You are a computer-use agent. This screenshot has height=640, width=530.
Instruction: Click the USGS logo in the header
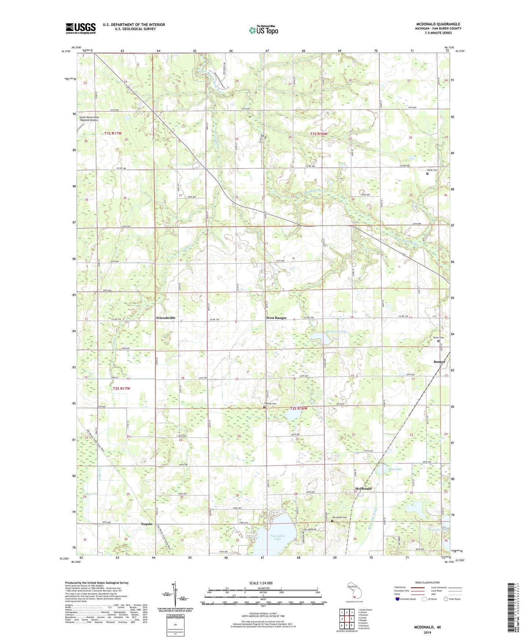tap(81, 28)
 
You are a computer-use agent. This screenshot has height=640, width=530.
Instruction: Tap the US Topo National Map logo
tap(263, 30)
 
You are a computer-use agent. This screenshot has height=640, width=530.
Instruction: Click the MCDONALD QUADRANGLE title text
tap(438, 24)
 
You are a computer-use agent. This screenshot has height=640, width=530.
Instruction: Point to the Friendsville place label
tap(166, 318)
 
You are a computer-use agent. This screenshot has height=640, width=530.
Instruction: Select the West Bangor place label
tap(276, 318)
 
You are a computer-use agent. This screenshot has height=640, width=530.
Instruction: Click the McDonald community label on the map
tap(363, 489)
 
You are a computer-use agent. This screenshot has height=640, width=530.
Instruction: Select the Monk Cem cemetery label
tap(432, 170)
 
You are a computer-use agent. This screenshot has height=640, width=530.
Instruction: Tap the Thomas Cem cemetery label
tap(269, 404)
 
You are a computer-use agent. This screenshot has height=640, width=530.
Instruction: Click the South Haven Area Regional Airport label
tap(89, 118)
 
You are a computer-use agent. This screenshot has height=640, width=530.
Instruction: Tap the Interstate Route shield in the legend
tap(398, 599)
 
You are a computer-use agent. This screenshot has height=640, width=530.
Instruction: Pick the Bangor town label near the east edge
tap(439, 362)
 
